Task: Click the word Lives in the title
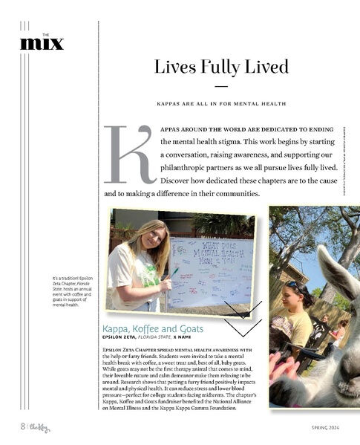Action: [x=172, y=67]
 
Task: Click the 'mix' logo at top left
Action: [x=42, y=44]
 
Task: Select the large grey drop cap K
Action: [x=128, y=154]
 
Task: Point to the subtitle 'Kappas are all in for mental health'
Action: [x=221, y=103]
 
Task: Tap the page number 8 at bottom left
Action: [x=23, y=426]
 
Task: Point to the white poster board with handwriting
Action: [x=211, y=272]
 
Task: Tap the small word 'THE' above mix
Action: [x=46, y=33]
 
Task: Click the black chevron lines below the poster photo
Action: [x=243, y=318]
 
